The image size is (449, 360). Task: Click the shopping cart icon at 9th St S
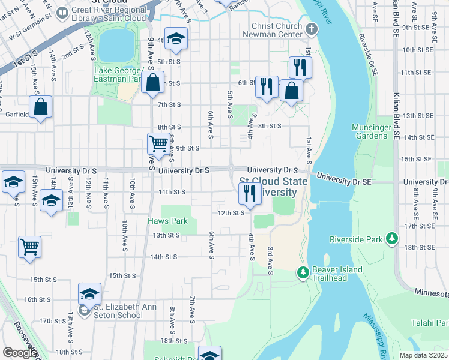click(158, 144)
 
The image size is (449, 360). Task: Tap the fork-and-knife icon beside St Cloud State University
click(249, 193)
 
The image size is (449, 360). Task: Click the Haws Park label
click(168, 221)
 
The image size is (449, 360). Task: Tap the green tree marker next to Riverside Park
click(391, 239)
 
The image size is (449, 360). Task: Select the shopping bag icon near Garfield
click(41, 107)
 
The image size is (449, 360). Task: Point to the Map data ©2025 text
click(423, 355)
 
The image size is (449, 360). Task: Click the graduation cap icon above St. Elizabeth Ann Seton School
click(89, 293)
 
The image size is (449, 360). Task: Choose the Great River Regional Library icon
click(62, 13)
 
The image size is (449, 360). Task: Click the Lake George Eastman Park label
click(117, 74)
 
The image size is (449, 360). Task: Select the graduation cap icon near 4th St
click(176, 39)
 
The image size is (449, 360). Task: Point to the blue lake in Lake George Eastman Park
click(116, 45)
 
